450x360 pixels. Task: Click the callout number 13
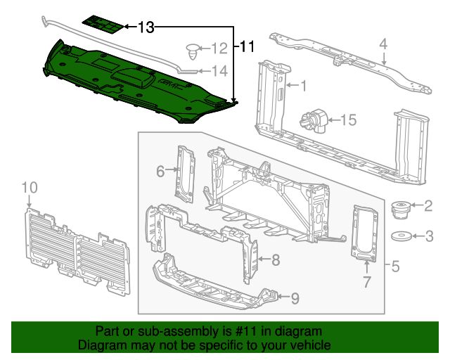click(146, 27)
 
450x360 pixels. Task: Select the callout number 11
click(246, 47)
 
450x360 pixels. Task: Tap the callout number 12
click(219, 49)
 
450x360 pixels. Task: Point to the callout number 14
click(219, 70)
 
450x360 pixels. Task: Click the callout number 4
click(383, 44)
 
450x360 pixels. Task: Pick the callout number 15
click(349, 120)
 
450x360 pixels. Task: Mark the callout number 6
click(160, 170)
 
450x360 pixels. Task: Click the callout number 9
click(295, 298)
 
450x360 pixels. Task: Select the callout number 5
click(395, 266)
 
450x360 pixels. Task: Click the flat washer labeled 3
click(403, 236)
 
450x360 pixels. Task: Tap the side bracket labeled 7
click(365, 232)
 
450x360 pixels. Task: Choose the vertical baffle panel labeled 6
click(186, 172)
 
